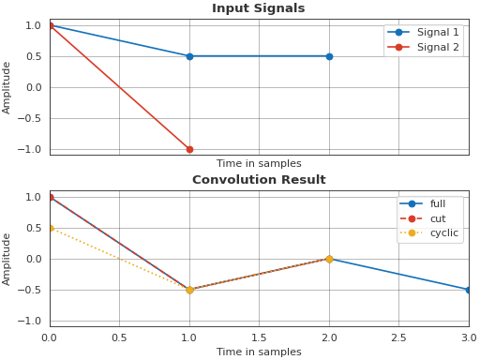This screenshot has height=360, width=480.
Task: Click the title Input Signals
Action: click(258, 8)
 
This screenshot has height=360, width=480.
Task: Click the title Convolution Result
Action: click(259, 180)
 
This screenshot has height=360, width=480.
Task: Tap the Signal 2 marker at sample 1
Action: click(189, 149)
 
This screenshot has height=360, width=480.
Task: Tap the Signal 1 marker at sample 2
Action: click(329, 56)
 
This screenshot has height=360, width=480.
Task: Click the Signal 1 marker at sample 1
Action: click(189, 56)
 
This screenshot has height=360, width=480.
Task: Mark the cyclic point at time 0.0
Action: click(50, 228)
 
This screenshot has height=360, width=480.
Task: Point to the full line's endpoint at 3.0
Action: click(468, 290)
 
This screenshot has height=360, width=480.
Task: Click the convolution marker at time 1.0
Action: click(189, 290)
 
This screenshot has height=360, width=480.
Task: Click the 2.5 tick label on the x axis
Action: click(398, 337)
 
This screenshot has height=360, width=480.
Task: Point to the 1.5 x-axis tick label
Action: click(259, 337)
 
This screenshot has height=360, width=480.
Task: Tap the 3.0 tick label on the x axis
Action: click(468, 337)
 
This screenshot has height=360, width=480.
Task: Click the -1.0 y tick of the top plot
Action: click(32, 149)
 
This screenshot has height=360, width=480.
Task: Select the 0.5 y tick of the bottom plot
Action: click(34, 228)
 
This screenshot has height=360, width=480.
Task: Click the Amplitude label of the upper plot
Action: click(7, 87)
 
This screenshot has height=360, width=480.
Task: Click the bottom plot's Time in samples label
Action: click(259, 352)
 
